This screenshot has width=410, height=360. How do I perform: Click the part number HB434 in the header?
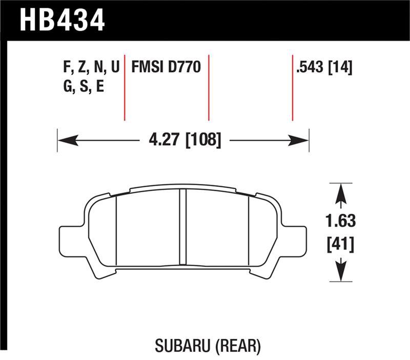pos(62,20)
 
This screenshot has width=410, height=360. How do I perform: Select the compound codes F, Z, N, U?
pos(89,67)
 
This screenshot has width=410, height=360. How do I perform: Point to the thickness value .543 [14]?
pos(323,67)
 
